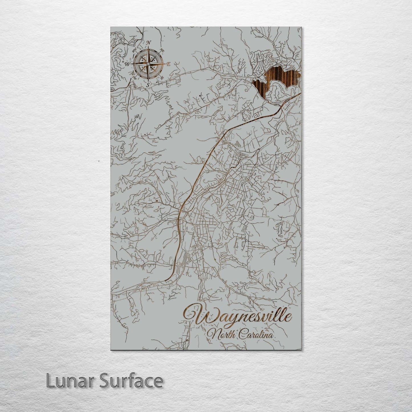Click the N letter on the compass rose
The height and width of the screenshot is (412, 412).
148,43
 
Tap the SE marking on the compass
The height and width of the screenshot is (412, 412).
162,77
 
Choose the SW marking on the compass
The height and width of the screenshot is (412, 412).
134,76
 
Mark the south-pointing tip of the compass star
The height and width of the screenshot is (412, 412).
148,80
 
